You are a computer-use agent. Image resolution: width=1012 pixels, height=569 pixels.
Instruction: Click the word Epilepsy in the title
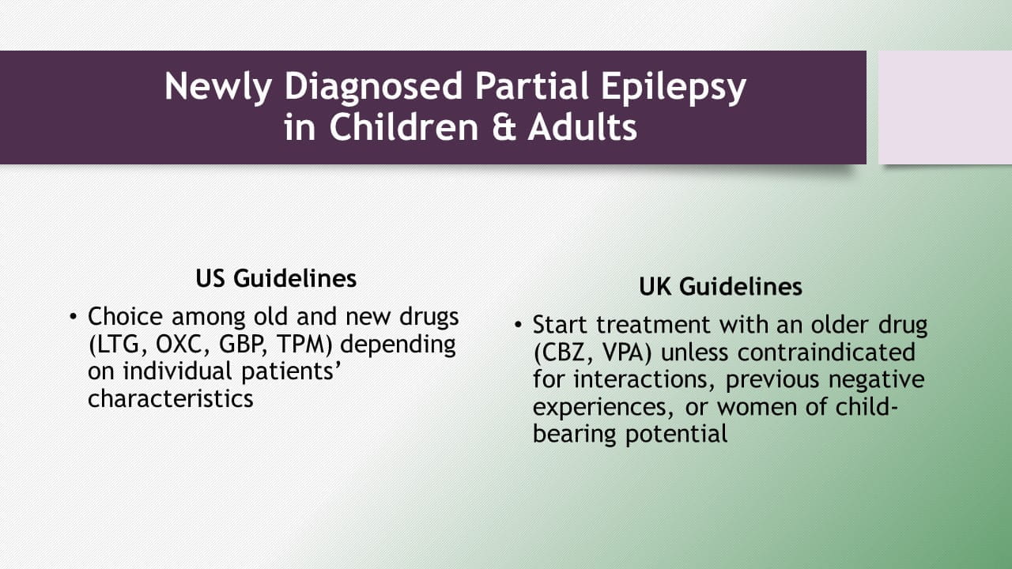[673, 88]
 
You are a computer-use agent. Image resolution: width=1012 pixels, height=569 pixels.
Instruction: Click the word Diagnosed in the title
[373, 88]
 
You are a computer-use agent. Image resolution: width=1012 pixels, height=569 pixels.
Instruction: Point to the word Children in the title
[404, 127]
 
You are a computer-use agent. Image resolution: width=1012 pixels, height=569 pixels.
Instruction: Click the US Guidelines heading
[276, 278]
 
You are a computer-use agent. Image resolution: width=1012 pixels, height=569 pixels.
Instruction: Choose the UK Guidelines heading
[720, 287]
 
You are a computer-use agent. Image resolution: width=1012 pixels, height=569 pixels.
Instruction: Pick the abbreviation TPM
[304, 345]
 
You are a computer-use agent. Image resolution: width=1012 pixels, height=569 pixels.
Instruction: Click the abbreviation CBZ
[563, 353]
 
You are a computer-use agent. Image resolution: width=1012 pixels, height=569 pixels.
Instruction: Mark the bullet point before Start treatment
[518, 325]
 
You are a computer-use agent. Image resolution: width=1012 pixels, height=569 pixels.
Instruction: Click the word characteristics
[170, 399]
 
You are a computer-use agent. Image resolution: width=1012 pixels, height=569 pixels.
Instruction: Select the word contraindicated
[788, 352]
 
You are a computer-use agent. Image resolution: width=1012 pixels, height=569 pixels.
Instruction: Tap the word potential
[676, 435]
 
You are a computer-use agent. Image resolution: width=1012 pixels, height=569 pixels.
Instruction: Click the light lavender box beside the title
[945, 107]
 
